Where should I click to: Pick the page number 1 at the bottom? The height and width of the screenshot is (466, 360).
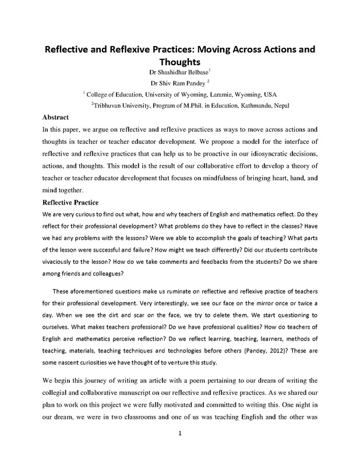(181, 449)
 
